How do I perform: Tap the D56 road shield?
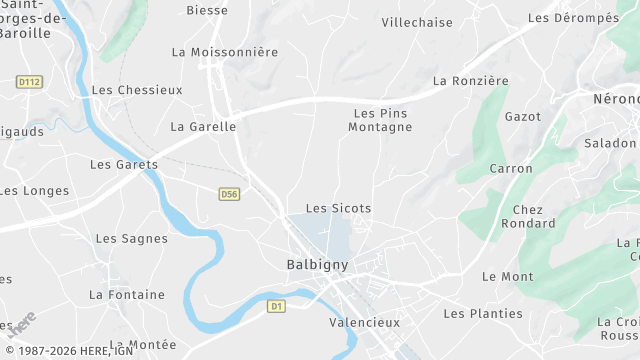point(230,194)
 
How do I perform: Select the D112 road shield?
point(30,82)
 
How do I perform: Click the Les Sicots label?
point(338,209)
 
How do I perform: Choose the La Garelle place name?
point(203,127)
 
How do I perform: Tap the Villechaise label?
point(417,22)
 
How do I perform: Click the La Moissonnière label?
point(225,52)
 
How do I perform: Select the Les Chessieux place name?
point(137,90)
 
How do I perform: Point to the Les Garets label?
point(124,165)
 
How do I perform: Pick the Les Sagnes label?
point(131,239)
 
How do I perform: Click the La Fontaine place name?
point(127,295)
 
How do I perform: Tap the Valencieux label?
point(364,323)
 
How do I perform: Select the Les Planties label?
point(483,314)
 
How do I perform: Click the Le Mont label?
point(507,277)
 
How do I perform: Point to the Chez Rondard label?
point(527,217)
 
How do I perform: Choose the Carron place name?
point(511,169)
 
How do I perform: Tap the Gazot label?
point(523,117)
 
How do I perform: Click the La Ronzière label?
point(471,81)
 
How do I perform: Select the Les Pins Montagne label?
point(380,121)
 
